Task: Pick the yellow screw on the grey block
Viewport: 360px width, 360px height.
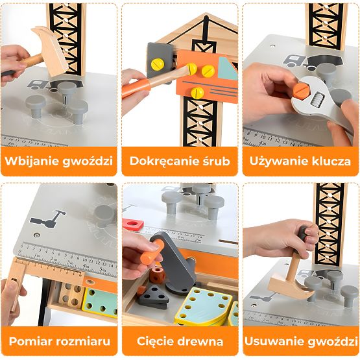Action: point(158,64)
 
